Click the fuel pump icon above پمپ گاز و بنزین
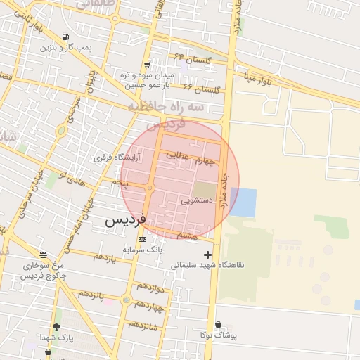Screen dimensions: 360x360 [65, 37]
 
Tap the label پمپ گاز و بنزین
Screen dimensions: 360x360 [66, 48]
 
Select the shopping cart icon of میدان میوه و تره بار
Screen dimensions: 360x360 [146, 65]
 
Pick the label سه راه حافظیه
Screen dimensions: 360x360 [166, 106]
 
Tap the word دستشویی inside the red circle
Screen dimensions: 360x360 [196, 200]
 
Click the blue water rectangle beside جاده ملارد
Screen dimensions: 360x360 [243, 202]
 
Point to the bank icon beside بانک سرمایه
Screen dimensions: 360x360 [143, 240]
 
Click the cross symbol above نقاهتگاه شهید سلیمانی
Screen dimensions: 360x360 [207, 255]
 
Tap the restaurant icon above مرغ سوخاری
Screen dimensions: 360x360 [44, 255]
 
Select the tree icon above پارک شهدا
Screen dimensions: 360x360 [56, 327]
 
